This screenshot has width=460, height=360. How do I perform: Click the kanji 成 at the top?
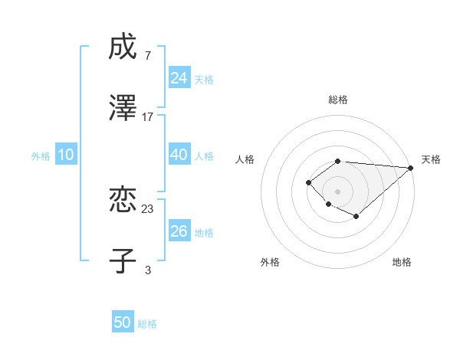(123, 48)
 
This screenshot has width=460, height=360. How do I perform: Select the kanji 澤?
(123, 108)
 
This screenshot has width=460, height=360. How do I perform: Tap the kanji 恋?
(123, 201)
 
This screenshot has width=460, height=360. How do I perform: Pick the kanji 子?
(123, 260)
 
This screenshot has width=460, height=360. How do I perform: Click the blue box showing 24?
(179, 78)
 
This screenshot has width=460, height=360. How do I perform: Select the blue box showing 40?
(179, 155)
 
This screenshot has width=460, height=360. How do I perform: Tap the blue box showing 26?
(179, 231)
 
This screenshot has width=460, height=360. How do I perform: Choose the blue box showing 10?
(66, 155)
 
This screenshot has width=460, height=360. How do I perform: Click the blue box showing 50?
(123, 322)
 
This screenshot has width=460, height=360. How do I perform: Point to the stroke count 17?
(148, 117)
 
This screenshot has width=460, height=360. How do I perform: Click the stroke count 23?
(148, 209)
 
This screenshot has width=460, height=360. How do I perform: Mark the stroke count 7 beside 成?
(147, 56)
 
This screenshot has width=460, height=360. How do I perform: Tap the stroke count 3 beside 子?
(147, 269)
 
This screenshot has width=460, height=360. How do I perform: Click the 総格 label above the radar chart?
(337, 100)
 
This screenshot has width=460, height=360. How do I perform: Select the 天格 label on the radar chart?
(431, 159)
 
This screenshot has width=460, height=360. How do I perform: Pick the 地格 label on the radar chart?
(402, 262)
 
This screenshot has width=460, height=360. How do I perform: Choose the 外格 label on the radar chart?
(270, 262)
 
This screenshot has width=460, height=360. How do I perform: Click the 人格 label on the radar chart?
(245, 159)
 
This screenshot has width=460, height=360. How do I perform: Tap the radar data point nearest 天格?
(411, 168)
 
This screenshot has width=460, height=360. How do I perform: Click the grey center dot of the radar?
(337, 191)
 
